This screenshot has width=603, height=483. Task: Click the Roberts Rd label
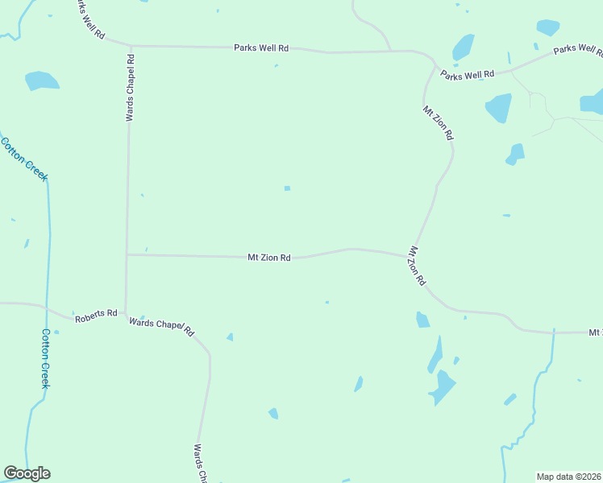pos(96,313)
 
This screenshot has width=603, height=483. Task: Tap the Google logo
pos(27,473)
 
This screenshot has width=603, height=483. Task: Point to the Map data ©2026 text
pos(569,477)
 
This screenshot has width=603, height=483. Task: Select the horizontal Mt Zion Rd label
pos(268,258)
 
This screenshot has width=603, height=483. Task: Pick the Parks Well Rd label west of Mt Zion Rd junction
pos(261,48)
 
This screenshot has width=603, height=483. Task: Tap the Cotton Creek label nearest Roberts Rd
pos(46,358)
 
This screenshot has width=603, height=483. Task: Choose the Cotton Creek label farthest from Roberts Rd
pos(24,159)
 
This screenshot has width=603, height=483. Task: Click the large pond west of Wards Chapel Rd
pos(42,80)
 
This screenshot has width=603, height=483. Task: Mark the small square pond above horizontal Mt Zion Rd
pos(287,188)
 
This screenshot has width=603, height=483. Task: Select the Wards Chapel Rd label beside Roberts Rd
pos(162,326)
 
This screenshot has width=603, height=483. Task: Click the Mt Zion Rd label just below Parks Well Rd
pos(439,122)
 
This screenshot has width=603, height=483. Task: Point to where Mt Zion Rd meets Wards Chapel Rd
pos(127,255)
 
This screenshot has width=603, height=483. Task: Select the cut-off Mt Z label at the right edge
pos(595,332)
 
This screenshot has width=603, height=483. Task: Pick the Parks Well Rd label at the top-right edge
pos(577,50)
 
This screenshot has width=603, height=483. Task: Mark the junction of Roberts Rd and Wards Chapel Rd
pos(125,315)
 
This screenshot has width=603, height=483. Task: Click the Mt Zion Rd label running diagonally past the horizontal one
pos(418,266)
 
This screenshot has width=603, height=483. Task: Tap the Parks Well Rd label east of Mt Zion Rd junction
pos(467,76)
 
